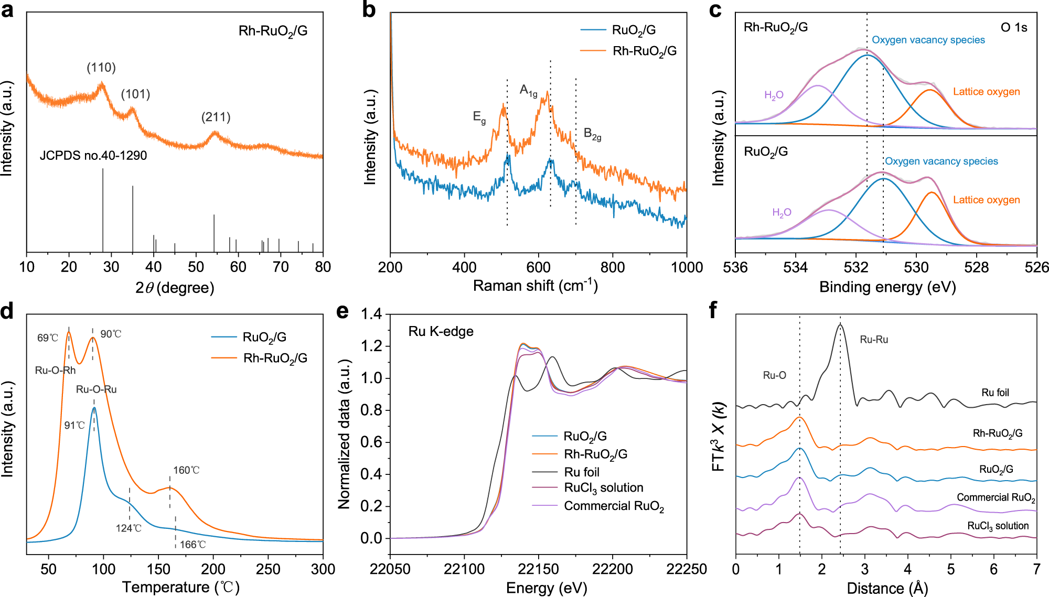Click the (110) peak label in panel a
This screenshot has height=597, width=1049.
(x=101, y=68)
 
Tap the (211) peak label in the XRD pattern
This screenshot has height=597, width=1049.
(x=216, y=117)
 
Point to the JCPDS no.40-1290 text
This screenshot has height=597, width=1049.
(x=93, y=156)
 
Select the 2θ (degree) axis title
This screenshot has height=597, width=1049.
(x=175, y=288)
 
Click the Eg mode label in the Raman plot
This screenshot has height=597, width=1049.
(x=479, y=117)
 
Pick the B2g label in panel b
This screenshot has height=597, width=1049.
(x=592, y=134)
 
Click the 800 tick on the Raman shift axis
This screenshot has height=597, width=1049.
(x=613, y=267)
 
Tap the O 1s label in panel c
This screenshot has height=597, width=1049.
(x=1014, y=27)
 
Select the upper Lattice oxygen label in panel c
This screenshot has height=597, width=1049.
(x=986, y=92)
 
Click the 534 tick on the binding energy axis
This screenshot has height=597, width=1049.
(x=796, y=267)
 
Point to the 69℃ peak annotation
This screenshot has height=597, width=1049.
(x=47, y=338)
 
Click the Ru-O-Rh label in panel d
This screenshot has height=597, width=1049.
(x=55, y=371)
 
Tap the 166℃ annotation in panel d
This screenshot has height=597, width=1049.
(x=192, y=545)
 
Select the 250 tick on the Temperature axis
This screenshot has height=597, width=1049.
(x=268, y=569)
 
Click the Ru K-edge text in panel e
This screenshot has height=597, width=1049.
(x=441, y=331)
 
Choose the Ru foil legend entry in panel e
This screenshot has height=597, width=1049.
(x=581, y=472)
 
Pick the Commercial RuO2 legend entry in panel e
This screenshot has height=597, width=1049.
(x=614, y=506)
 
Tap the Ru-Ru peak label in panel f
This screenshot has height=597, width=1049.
(x=874, y=340)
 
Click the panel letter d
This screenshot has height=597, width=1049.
(x=7, y=311)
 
